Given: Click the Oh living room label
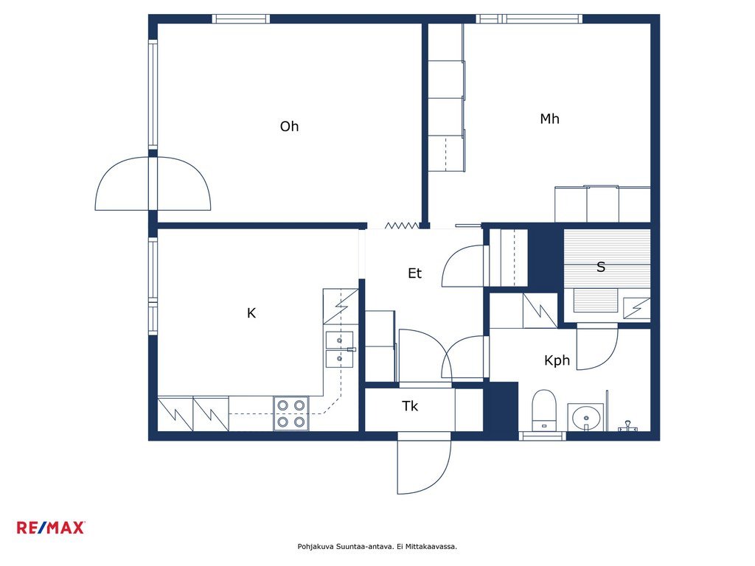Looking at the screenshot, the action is click(x=289, y=127).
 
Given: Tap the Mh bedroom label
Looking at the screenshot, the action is click(x=549, y=119).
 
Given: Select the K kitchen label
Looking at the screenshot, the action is click(x=251, y=313).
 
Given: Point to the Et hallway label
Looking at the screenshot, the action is click(x=414, y=273).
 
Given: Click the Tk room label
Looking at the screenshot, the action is click(x=410, y=406).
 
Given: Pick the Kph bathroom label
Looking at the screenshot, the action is click(x=557, y=360).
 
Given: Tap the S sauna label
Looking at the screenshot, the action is click(x=600, y=267).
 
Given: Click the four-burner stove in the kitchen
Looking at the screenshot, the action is click(x=291, y=413).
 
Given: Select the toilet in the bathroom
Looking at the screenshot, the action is click(x=544, y=410).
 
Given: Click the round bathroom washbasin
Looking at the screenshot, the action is click(x=585, y=417).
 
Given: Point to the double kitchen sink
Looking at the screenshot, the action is click(x=340, y=349).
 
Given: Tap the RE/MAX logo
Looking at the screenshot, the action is click(x=51, y=528).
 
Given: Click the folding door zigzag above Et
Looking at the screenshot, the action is click(x=402, y=226).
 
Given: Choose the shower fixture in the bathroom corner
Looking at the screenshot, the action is click(x=628, y=427).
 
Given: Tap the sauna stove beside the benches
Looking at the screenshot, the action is click(x=636, y=308).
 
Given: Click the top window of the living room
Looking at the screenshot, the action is click(x=241, y=18).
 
